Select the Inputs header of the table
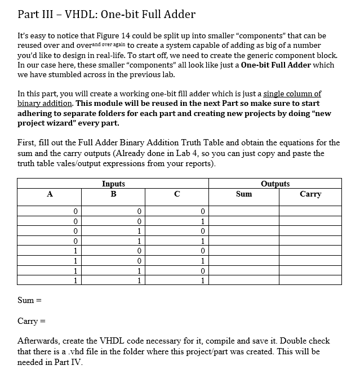113,184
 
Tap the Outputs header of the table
275,184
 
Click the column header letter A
50,194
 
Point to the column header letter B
113,194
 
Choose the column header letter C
177,194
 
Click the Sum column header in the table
243,194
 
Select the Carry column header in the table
310,194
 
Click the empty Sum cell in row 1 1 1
243,280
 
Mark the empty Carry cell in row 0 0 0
310,211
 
